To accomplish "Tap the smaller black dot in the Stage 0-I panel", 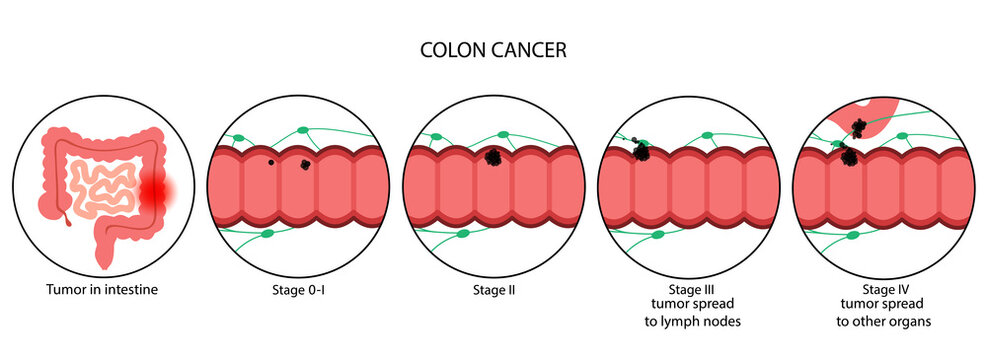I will [x=270, y=162].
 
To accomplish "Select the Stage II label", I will [x=492, y=291].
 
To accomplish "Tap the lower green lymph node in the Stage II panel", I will [x=462, y=234].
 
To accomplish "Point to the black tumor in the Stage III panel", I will [x=641, y=152].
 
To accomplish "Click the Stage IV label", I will [x=880, y=291].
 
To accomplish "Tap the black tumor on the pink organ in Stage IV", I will [x=858, y=127].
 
